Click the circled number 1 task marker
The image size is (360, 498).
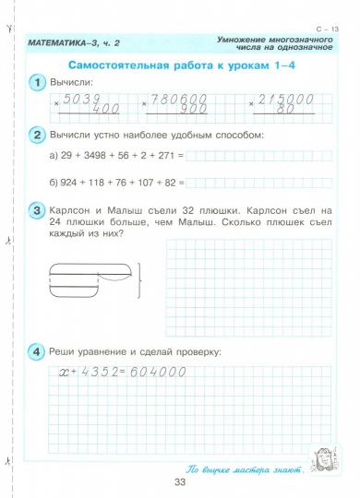tap(36, 83)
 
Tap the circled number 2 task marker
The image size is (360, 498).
tap(36, 135)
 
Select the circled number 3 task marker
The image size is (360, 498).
tap(36, 212)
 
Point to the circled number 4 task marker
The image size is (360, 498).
tap(36, 351)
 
